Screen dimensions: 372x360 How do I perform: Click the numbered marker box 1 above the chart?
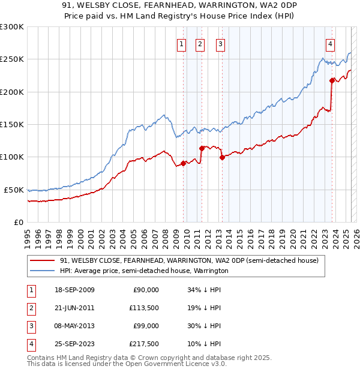coord(181,43)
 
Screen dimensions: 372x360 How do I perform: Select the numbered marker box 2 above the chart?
coord(200,43)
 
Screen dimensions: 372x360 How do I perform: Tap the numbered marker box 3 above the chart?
coord(220,43)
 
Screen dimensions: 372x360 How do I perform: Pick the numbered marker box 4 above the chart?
coord(331,43)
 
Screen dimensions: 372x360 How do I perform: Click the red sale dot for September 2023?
coord(332,80)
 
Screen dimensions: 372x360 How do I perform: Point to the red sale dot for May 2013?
coord(222,158)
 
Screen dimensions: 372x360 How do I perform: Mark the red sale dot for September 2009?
coord(183,163)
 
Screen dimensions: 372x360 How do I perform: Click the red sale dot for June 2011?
coord(202,148)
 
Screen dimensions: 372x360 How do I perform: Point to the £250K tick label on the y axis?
coord(12,59)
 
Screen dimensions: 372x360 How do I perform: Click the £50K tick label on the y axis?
coord(14,190)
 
